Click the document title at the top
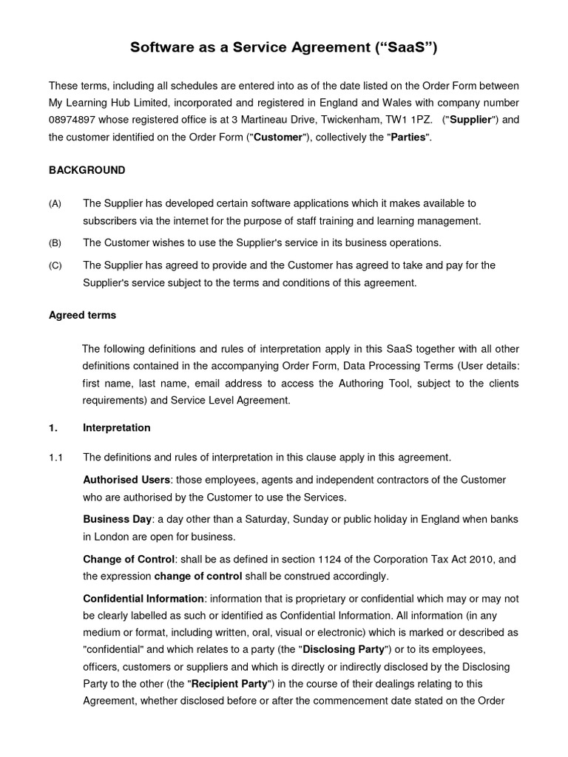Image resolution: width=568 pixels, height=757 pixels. (x=284, y=48)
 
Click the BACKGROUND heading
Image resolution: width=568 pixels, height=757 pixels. (x=87, y=170)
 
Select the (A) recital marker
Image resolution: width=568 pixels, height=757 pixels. (x=55, y=203)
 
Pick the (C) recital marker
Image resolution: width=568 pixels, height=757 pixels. (x=55, y=265)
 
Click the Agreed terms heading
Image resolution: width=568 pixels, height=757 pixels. (x=82, y=315)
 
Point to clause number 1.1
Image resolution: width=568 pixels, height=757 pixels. (x=55, y=456)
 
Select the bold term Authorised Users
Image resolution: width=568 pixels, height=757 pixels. (x=126, y=480)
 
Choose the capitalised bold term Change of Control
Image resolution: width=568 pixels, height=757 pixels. (x=129, y=559)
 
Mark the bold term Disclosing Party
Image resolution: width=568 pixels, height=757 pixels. (x=343, y=649)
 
